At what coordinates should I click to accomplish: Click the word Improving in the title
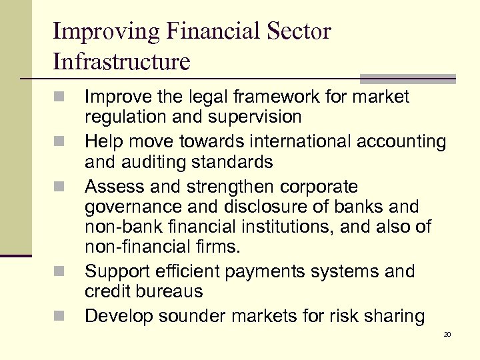pyautogui.click(x=103, y=32)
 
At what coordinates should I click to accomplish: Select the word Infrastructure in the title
pyautogui.click(x=121, y=61)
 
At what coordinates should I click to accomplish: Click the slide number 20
pyautogui.click(x=447, y=333)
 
